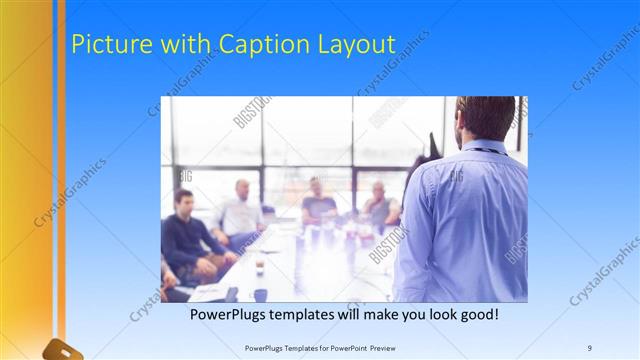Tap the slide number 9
coord(590,347)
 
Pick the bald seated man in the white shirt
coord(241,210)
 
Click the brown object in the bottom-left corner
coord(60,350)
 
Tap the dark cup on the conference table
coord(259,268)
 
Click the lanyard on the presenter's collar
coord(485,150)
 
